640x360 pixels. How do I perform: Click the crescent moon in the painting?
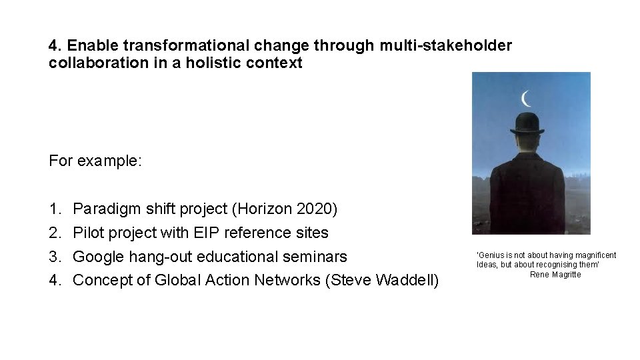527,99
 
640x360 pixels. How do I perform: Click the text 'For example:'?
95,161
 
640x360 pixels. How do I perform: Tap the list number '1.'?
55,209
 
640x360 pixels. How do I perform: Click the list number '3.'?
55,256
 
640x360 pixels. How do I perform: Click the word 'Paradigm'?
103,209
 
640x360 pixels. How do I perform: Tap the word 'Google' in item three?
97,256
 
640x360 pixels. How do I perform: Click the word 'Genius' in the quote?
489,255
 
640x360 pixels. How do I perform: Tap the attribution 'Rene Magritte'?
555,274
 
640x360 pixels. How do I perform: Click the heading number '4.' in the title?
55,46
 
